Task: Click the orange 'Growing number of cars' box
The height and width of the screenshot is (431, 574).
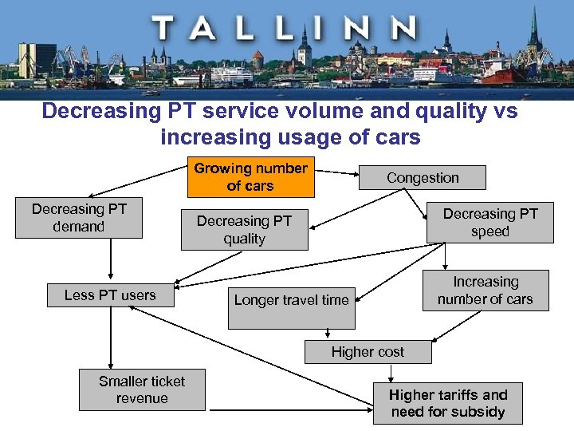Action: (250, 177)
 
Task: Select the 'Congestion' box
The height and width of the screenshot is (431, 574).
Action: (423, 178)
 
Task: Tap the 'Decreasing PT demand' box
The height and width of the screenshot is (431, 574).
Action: (79, 218)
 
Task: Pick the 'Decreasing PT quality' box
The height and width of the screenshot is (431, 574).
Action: (244, 230)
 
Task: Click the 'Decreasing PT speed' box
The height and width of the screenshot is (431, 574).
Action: (489, 223)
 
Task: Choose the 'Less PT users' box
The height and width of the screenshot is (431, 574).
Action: (110, 295)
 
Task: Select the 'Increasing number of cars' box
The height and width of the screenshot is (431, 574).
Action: (485, 291)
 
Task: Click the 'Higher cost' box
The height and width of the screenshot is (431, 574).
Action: (368, 352)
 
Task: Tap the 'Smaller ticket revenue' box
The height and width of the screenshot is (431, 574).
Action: (142, 389)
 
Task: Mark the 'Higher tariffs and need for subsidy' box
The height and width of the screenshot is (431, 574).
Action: (448, 403)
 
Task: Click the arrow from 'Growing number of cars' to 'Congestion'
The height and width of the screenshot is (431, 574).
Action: (334, 172)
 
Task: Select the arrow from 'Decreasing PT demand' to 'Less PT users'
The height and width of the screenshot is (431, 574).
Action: (111, 260)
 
